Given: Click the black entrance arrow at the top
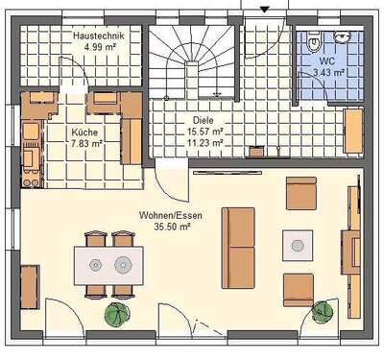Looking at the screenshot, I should coord(266,8).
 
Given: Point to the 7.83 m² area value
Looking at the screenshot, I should coord(84,144).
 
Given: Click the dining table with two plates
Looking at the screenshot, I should coord(109,262).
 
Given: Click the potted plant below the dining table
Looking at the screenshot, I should coord(118,314).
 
